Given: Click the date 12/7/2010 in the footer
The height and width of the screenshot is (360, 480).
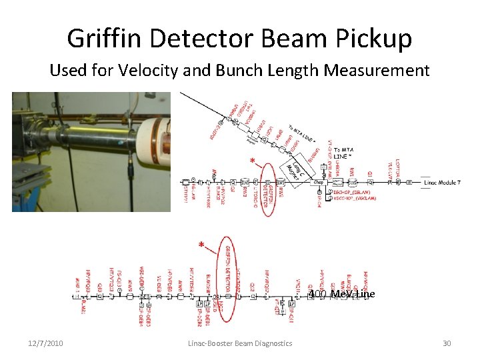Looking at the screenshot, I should [x=45, y=343].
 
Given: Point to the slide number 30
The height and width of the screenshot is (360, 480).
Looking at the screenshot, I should [x=447, y=343].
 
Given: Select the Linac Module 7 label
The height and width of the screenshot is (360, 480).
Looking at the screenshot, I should [x=441, y=182].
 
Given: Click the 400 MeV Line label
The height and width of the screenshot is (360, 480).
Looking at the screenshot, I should [x=341, y=294].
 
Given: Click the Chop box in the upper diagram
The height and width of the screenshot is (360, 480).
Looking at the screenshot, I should [x=318, y=181].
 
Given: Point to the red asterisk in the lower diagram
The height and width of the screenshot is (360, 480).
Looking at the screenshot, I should [x=201, y=245].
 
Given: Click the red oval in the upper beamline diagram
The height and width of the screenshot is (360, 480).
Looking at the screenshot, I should [x=269, y=189].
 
